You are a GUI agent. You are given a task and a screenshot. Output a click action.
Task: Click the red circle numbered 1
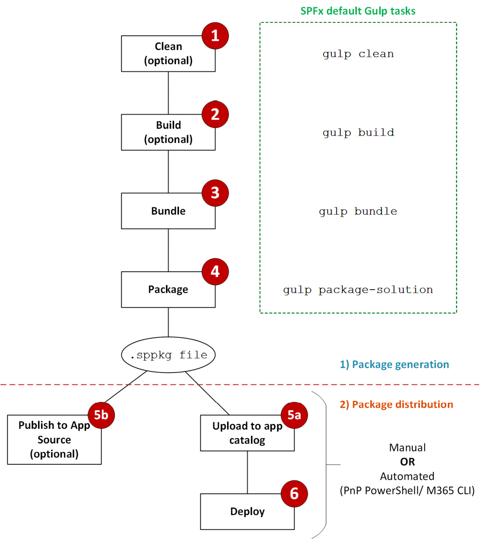(x=215, y=36)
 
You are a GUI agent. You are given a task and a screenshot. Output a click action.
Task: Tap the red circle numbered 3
(x=215, y=193)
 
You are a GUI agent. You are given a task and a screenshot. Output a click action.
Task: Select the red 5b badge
(x=101, y=415)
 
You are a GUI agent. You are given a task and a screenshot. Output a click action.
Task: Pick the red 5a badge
(x=294, y=415)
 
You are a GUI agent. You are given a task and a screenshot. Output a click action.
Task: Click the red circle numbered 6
(x=294, y=494)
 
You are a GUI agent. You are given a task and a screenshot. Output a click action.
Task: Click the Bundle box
(x=168, y=211)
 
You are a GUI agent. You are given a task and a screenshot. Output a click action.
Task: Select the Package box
(x=168, y=290)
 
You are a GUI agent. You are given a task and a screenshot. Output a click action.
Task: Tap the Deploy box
(x=247, y=512)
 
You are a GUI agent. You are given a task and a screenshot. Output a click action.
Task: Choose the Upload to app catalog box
(x=247, y=433)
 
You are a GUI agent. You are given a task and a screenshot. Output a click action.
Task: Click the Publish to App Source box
(x=54, y=440)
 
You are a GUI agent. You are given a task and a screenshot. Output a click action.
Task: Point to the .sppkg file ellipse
(x=168, y=355)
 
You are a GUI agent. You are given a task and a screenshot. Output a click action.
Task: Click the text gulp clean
(x=358, y=54)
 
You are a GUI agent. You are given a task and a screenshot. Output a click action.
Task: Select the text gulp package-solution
(x=358, y=290)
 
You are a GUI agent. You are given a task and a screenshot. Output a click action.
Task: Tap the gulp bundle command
(x=358, y=211)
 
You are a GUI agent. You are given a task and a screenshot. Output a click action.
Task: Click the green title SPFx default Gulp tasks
(x=358, y=11)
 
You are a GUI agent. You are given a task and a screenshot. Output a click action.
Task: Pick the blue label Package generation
(x=394, y=364)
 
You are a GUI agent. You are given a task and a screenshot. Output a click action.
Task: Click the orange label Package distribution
(x=396, y=404)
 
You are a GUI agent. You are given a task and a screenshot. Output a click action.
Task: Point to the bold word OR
(x=407, y=462)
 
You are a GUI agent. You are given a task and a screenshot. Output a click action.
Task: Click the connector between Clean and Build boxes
(x=168, y=93)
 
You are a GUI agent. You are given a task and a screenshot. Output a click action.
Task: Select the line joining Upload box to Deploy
(x=247, y=472)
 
